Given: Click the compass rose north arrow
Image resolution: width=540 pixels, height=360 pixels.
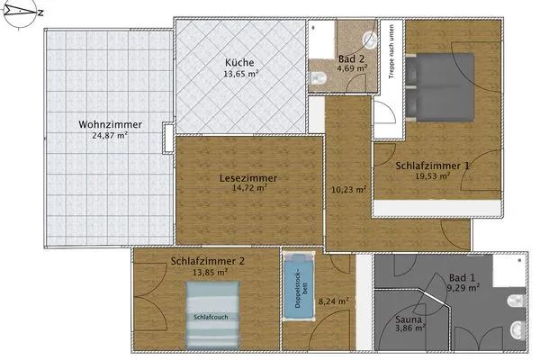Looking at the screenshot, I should (x=20, y=13).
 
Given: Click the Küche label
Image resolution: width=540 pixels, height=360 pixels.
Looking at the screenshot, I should (x=239, y=62).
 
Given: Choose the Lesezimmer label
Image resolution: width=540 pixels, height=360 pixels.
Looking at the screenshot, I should (x=247, y=178).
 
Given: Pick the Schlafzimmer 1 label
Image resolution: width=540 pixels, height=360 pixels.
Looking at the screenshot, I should (x=433, y=166).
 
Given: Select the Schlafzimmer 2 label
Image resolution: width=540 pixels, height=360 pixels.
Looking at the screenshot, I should (x=208, y=261).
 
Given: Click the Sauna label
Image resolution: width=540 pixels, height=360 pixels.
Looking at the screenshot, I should (x=409, y=319).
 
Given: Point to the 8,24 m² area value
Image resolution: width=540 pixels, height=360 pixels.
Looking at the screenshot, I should (x=335, y=302).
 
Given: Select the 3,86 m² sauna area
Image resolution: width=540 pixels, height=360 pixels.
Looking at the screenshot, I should (x=409, y=330).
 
